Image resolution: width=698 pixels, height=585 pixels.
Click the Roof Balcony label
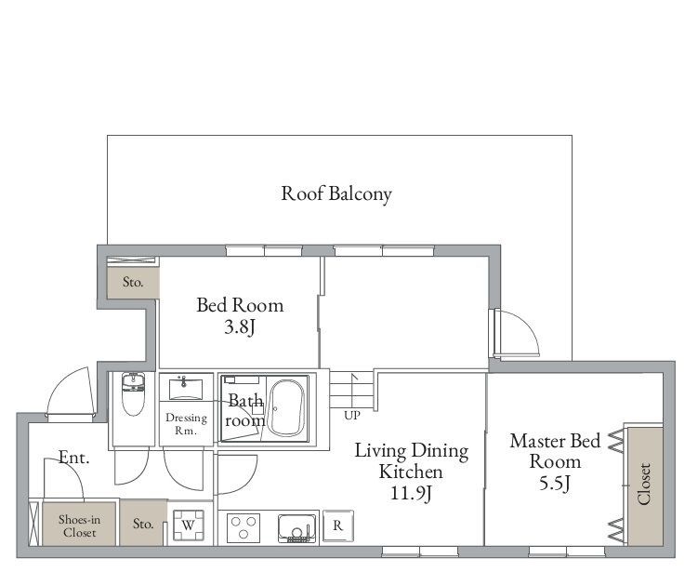tap(336, 193)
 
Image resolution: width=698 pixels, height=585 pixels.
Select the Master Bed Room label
tap(555, 451)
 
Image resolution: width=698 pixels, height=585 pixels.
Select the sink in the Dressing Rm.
tap(187, 387)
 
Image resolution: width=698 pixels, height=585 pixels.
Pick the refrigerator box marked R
tap(338, 525)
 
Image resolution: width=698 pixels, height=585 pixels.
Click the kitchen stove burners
tap(244, 526)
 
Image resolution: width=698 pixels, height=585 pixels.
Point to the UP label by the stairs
tap(351, 415)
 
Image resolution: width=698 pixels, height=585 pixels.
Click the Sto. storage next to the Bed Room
tap(133, 282)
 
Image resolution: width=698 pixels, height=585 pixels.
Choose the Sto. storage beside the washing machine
tap(142, 524)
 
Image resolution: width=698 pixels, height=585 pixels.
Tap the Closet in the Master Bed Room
tap(643, 485)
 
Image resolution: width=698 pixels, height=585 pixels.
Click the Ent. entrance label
tap(73, 457)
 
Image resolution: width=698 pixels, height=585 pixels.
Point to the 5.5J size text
tap(555, 482)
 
